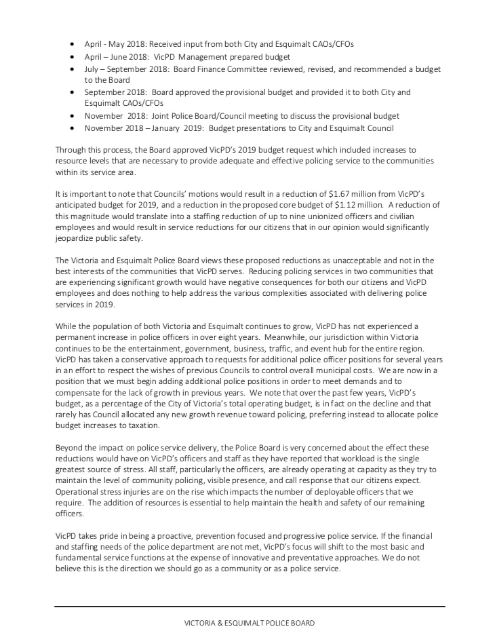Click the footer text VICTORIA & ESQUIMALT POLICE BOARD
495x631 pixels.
pyautogui.click(x=250, y=623)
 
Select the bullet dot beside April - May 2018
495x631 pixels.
pyautogui.click(x=73, y=44)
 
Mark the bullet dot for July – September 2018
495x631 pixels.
pyautogui.click(x=73, y=69)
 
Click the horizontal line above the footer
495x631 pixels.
pyautogui.click(x=250, y=607)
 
